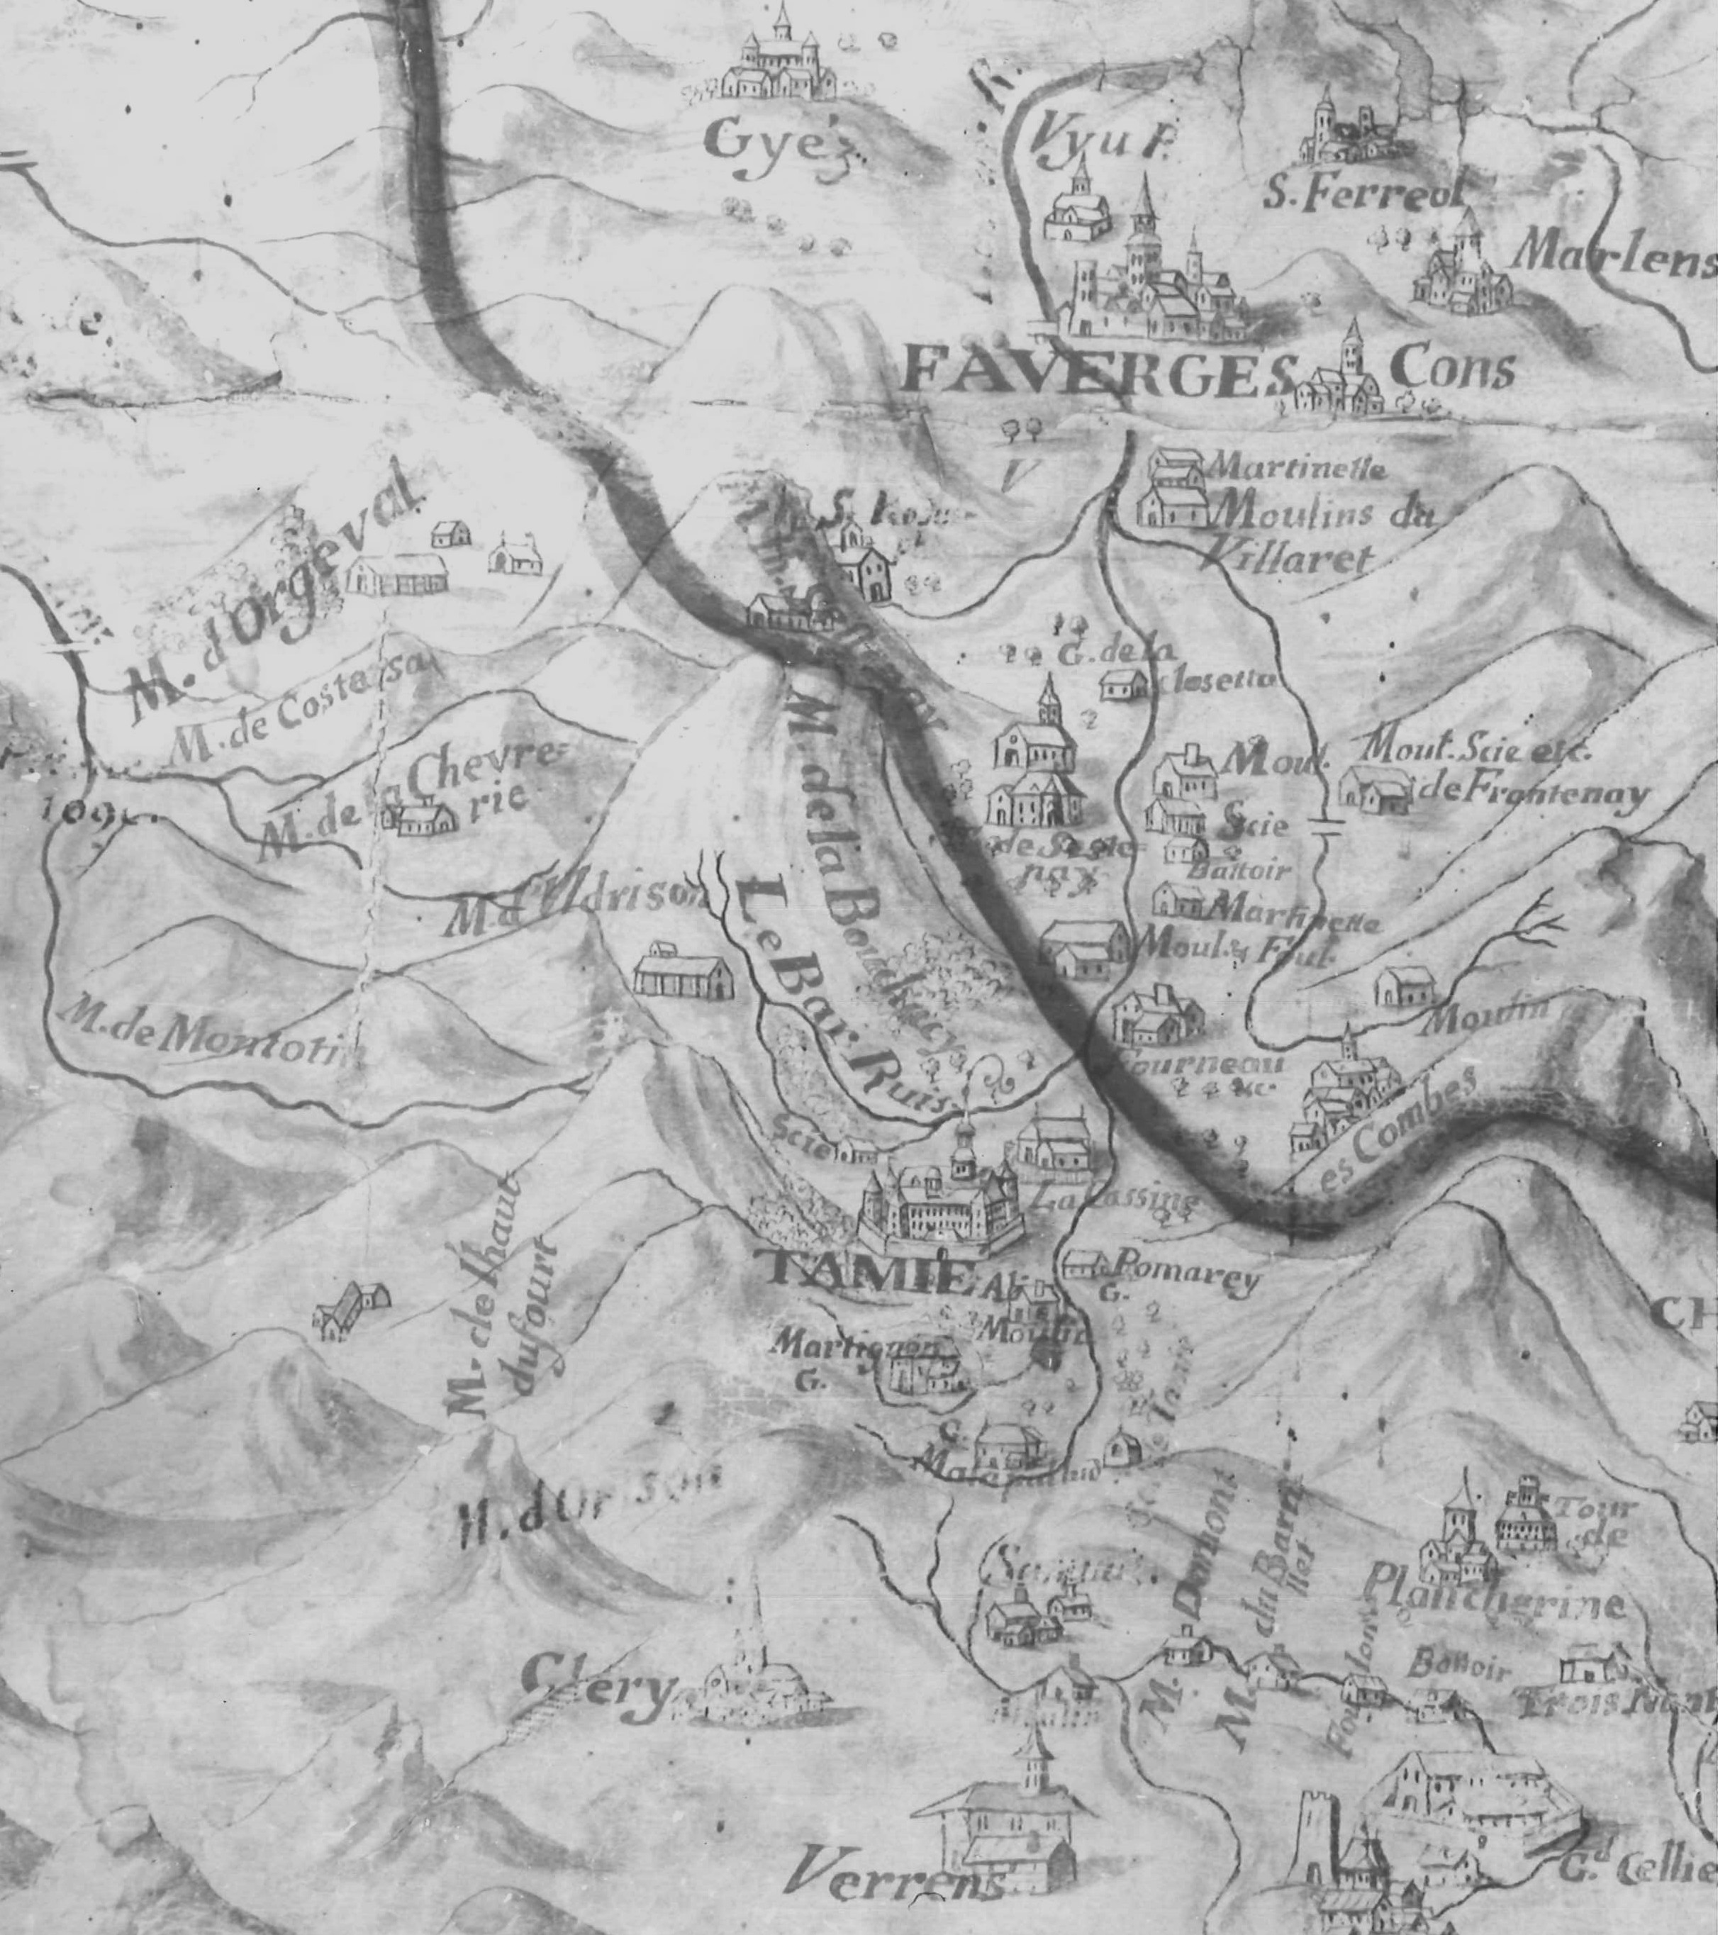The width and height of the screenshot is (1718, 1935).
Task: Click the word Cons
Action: [x=1452, y=369]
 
